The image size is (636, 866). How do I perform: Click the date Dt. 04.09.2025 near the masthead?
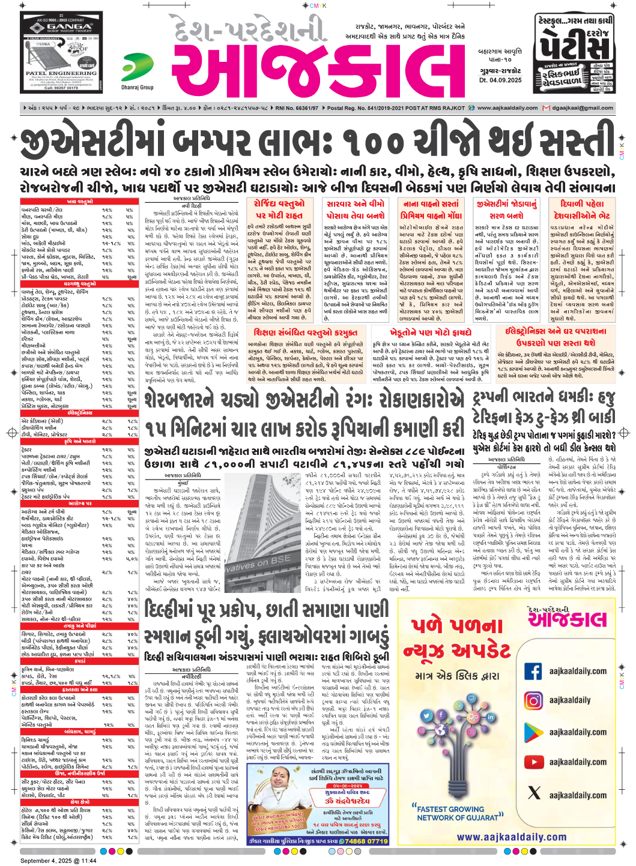pyautogui.click(x=500, y=80)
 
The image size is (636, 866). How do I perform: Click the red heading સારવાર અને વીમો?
pyautogui.click(x=355, y=204)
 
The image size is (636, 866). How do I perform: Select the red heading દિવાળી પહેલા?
pyautogui.click(x=581, y=204)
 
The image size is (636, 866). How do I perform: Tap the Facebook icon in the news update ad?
pyautogui.click(x=533, y=671)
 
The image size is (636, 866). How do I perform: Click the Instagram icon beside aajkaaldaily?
pyautogui.click(x=533, y=700)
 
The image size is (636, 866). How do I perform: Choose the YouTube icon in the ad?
pyautogui.click(x=533, y=762)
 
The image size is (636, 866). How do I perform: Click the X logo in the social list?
pyautogui.click(x=533, y=793)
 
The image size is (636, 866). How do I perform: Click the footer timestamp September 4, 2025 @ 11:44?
pyautogui.click(x=58, y=861)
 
